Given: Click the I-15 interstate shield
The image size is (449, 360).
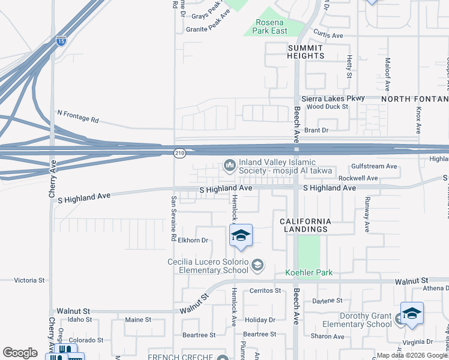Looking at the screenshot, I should pos(61,41).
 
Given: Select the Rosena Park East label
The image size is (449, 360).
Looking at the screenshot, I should pos(271,26).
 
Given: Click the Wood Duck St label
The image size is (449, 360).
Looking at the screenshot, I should pos(327,107).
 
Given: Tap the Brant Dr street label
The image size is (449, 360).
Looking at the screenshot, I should pos(316,130).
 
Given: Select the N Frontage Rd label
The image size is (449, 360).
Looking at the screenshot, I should pos(78,116).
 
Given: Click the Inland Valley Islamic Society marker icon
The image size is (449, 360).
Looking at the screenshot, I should pos(229,165).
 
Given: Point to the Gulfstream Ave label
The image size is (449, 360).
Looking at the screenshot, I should pos(375,166).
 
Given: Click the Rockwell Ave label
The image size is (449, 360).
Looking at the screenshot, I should pos(358,178).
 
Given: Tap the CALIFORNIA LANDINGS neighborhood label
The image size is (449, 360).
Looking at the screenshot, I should pos(305,225).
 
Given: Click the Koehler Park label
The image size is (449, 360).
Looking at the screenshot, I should pos(309,273).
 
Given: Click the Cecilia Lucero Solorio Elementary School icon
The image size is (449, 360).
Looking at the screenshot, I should pos(257,265).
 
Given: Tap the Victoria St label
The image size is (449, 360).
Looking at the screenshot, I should pos(29,280).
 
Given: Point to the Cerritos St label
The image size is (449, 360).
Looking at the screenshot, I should pos(265,290).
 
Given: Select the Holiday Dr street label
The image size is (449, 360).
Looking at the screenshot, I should pos(260,320).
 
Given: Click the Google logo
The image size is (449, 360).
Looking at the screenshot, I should pos(20,353).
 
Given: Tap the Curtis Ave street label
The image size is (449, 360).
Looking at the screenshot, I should pos(328,35).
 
